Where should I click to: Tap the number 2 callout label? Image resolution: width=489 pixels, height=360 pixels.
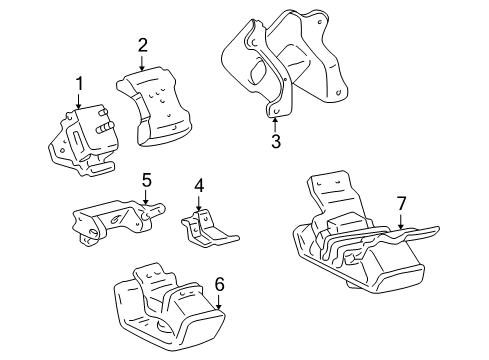coord(143,44)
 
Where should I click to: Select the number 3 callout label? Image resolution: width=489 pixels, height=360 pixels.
coord(276,141)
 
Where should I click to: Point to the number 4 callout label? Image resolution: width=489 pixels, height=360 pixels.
coord(199,186)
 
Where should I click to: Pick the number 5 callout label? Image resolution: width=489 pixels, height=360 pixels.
coord(146,180)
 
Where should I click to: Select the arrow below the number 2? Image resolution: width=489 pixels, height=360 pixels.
coord(143,62)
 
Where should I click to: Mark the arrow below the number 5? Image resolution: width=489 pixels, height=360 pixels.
coord(146,197)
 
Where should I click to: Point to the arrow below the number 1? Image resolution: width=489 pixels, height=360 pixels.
coord(78,100)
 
